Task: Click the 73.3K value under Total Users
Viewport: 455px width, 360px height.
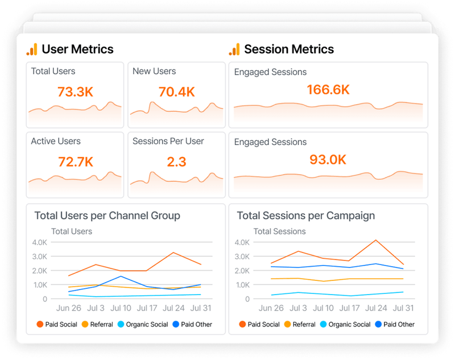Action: point(75,92)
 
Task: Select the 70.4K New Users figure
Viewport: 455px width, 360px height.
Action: point(176,92)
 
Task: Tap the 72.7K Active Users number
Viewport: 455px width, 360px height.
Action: point(75,162)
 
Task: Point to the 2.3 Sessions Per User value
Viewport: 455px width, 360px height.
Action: point(176,162)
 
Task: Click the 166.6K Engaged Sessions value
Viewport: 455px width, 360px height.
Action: point(328,90)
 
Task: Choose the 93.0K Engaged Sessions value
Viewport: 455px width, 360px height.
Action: point(328,160)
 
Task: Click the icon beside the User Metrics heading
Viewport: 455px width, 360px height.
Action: point(32,49)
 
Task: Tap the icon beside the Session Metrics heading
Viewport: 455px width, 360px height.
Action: point(234,49)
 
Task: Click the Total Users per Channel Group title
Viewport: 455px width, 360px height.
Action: point(107,216)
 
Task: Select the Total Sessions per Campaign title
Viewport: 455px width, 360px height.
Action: point(305,216)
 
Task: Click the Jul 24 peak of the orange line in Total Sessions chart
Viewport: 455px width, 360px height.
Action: point(375,240)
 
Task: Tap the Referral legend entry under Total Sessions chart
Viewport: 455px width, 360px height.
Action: point(299,324)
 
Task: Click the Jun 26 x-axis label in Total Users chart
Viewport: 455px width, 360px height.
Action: point(69,308)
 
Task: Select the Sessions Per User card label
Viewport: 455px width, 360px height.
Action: point(168,141)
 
